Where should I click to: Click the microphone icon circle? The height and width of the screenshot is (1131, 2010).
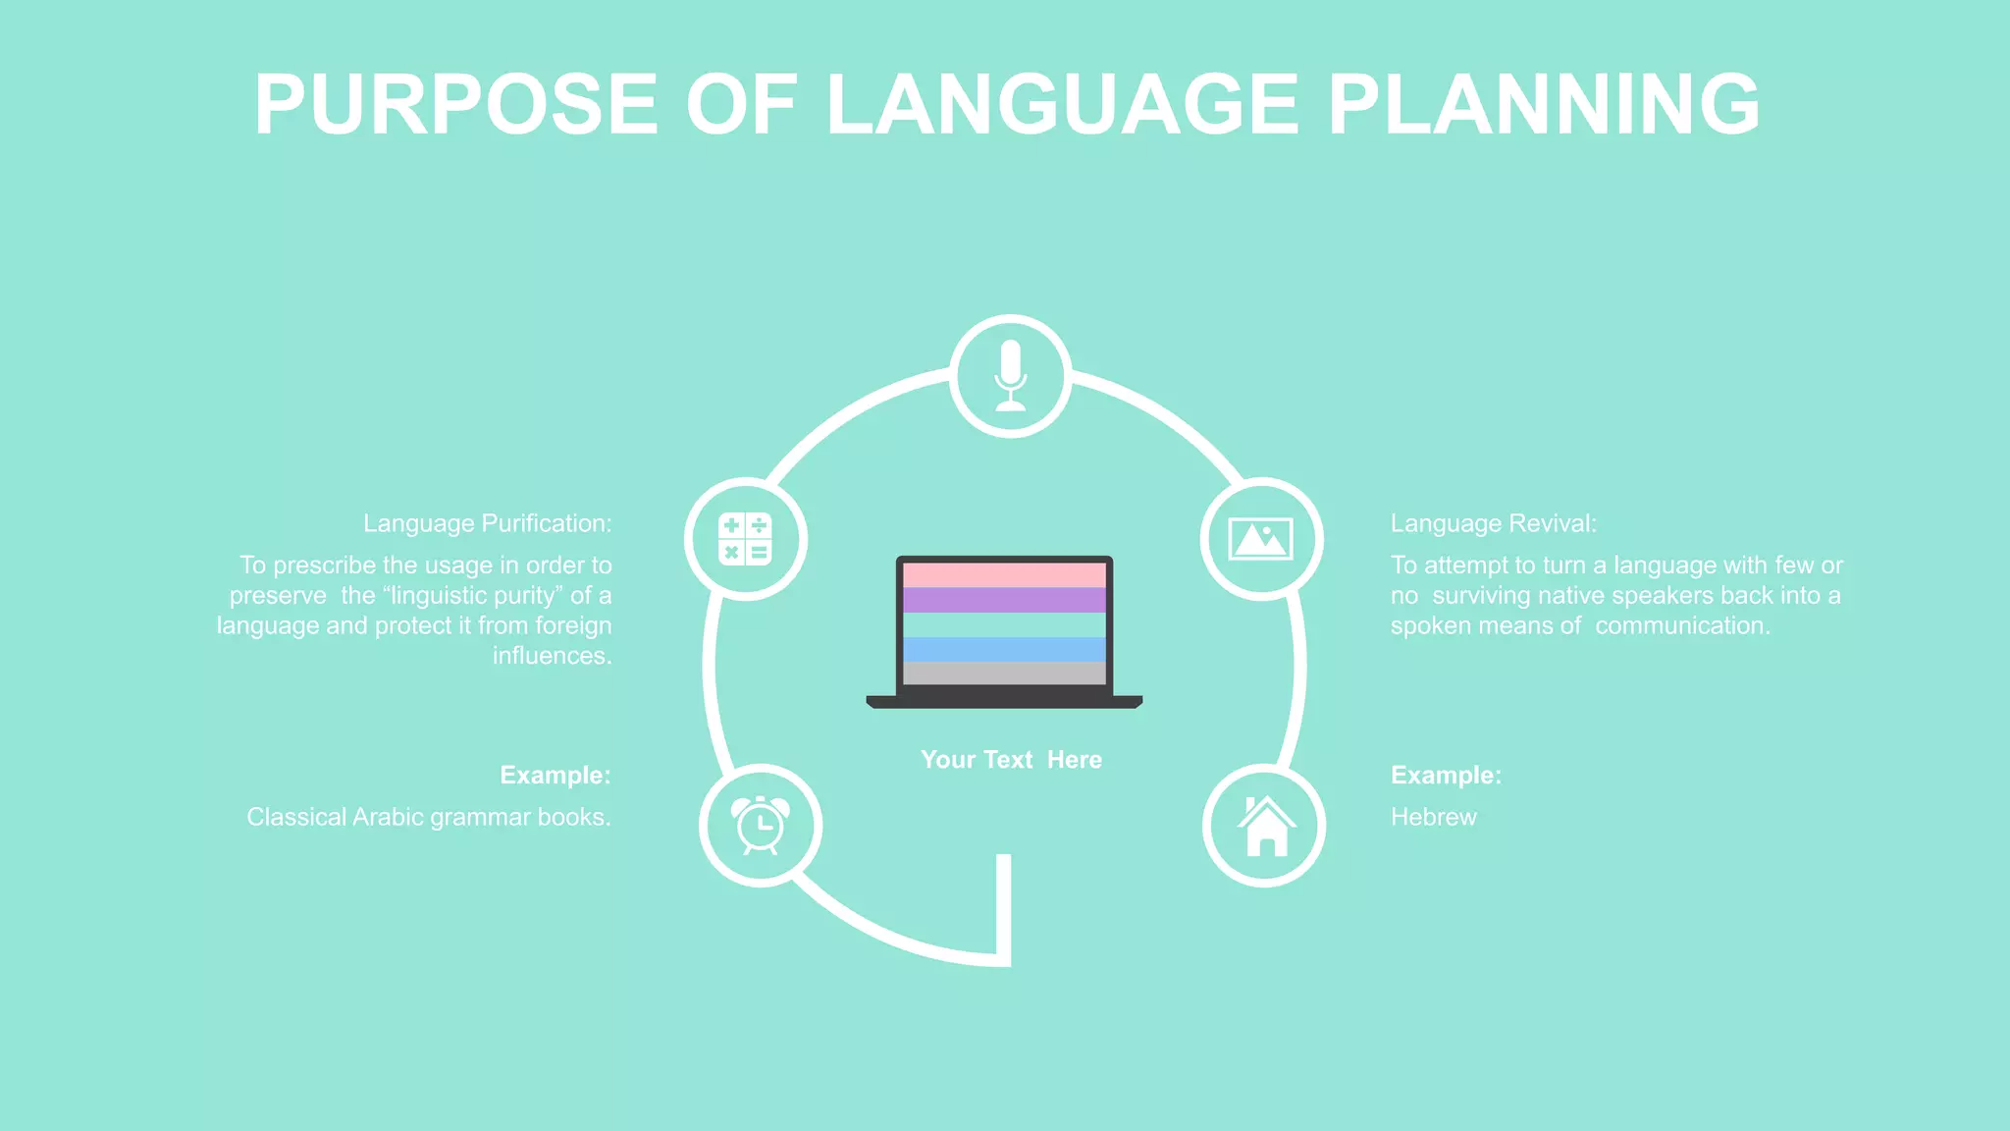[1010, 376]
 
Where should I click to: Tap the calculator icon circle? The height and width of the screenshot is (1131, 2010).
[746, 539]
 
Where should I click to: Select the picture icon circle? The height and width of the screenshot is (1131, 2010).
[1261, 539]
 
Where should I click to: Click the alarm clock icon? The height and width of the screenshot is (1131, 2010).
[761, 825]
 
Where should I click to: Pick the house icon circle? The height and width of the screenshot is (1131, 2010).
[1265, 826]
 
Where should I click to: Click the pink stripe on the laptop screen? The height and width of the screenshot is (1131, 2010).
[1004, 574]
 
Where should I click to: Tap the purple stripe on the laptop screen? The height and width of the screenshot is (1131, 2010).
[1004, 600]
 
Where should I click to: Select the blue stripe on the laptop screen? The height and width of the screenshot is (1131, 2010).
[1004, 649]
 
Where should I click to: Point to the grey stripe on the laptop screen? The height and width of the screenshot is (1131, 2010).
[1004, 673]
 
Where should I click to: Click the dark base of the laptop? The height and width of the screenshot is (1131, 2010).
[1004, 701]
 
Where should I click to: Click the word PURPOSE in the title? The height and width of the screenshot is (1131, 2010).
[456, 104]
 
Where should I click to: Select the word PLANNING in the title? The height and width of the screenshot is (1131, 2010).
[1544, 104]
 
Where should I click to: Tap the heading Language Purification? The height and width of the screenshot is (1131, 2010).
[487, 523]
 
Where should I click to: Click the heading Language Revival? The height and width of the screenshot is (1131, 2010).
[1493, 523]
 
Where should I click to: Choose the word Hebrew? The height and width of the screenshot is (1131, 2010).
[1433, 817]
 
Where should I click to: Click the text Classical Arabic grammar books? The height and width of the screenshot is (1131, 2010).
[428, 817]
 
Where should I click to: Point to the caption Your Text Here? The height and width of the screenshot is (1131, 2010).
[1011, 760]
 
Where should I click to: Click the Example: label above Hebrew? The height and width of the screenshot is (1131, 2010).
[1446, 775]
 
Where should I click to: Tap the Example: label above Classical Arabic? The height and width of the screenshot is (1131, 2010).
[555, 775]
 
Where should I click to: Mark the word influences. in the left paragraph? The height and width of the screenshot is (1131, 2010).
[552, 656]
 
